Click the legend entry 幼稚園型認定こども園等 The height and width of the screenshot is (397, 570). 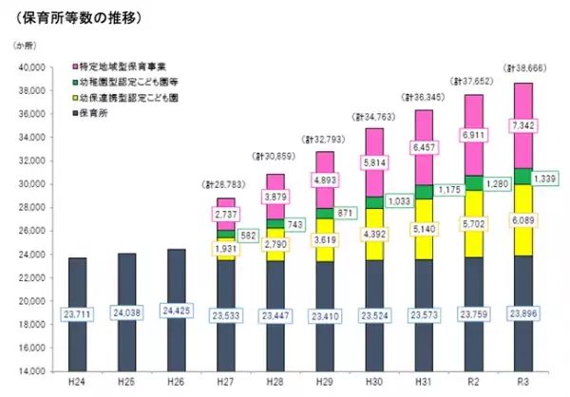click(x=123, y=84)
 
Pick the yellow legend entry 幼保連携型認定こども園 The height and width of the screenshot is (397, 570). click(x=123, y=98)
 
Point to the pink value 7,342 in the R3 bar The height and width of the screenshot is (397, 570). click(x=527, y=125)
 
